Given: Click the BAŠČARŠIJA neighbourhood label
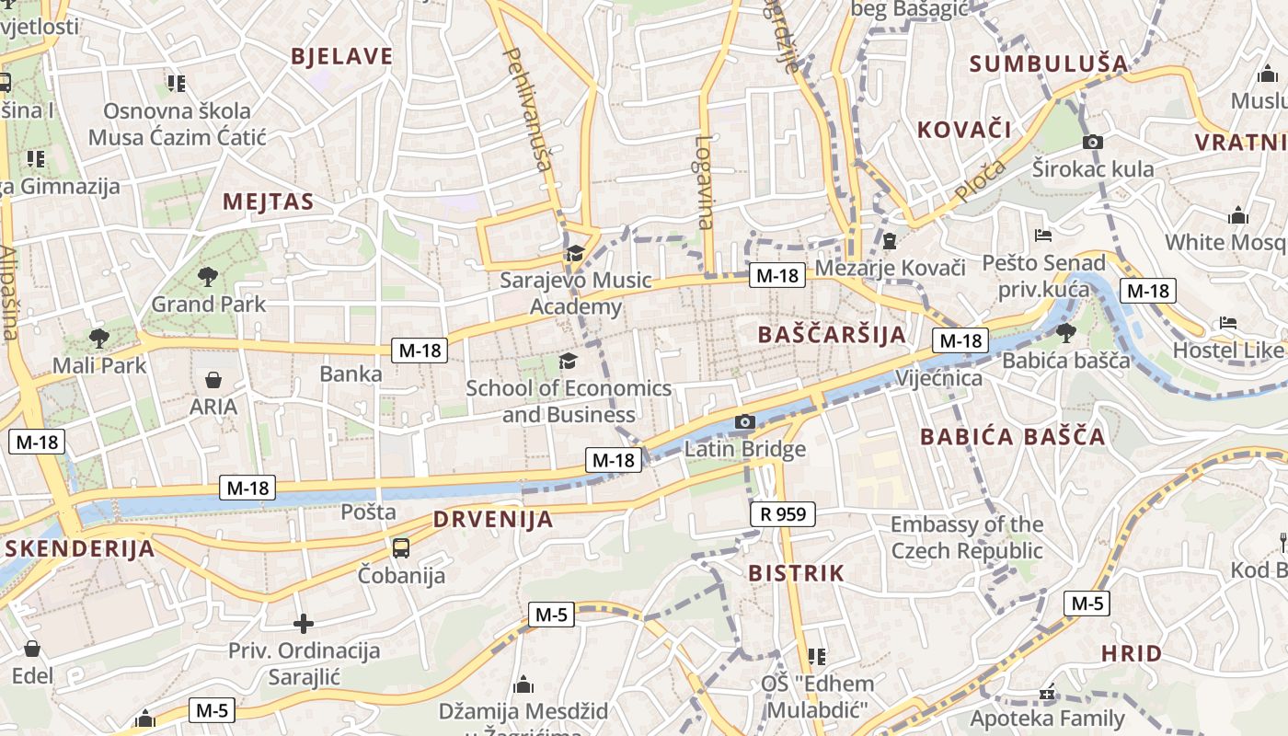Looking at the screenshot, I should click(x=832, y=335).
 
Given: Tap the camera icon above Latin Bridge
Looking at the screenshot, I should click(x=745, y=422).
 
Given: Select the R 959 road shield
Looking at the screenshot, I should click(x=782, y=514).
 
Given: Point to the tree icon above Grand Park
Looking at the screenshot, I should click(x=208, y=276).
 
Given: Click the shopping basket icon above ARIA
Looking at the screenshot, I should click(x=213, y=379).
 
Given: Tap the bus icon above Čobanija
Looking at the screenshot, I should click(x=401, y=548).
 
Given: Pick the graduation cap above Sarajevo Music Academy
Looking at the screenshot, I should click(x=575, y=253).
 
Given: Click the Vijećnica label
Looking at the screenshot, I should click(x=938, y=378).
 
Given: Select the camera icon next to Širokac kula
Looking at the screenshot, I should click(x=1093, y=142).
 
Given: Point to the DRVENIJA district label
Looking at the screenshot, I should click(x=493, y=520).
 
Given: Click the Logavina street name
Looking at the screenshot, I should click(x=705, y=182).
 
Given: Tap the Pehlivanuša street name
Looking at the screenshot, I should click(x=528, y=110).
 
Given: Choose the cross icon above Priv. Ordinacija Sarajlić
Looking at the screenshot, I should click(x=304, y=624).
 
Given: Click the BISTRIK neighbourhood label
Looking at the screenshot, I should click(x=796, y=573).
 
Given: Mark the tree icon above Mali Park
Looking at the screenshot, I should click(x=98, y=338).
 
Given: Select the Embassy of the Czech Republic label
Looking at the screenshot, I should click(x=967, y=538).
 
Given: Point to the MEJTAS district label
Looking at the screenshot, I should click(x=268, y=202).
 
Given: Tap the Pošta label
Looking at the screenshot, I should click(x=368, y=512).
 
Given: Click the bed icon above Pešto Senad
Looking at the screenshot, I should click(x=1042, y=236).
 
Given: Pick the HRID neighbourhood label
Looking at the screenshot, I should click(x=1132, y=654).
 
